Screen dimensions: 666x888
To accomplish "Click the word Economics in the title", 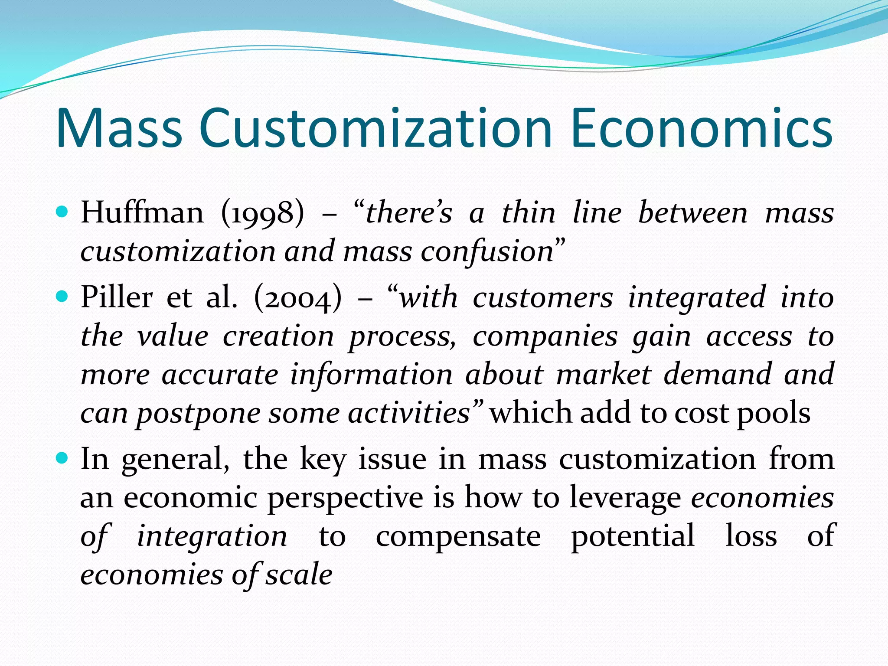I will point(702,128).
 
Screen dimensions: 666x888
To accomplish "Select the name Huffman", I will point(142,213).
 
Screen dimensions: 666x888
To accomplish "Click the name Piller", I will point(117,298).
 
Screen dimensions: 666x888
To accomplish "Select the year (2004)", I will point(298,298).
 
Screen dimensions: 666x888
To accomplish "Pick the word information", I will point(371,375).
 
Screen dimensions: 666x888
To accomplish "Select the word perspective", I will point(345,498).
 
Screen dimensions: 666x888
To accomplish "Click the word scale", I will point(299,575).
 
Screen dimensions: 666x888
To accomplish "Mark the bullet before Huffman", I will point(63,212).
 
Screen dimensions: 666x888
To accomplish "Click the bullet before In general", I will point(63,458).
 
